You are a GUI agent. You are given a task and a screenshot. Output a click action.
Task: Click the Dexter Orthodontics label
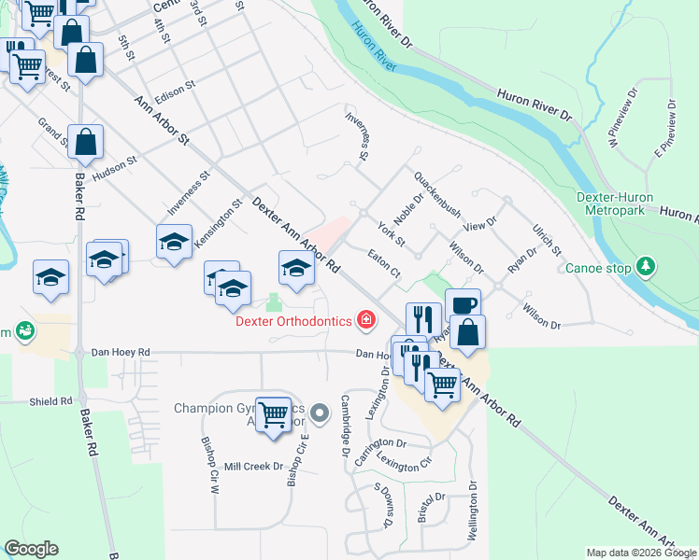click(292, 321)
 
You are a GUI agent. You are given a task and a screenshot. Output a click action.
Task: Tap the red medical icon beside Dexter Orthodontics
click(366, 321)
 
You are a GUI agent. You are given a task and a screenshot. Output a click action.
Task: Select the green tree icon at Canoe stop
click(645, 267)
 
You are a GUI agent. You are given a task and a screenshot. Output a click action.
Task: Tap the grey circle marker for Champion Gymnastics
click(321, 412)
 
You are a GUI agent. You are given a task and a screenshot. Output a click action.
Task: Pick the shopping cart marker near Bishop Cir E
click(274, 413)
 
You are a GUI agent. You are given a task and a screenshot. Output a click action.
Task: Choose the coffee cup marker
click(463, 305)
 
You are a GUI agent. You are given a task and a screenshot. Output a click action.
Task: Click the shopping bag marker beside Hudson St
click(85, 143)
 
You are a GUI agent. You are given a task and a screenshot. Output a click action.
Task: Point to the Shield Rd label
click(50, 401)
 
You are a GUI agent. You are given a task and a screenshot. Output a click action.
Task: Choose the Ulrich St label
click(546, 238)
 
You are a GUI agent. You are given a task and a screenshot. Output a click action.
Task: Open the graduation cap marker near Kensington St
click(174, 242)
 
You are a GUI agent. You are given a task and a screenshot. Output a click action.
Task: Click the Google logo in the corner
click(31, 549)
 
